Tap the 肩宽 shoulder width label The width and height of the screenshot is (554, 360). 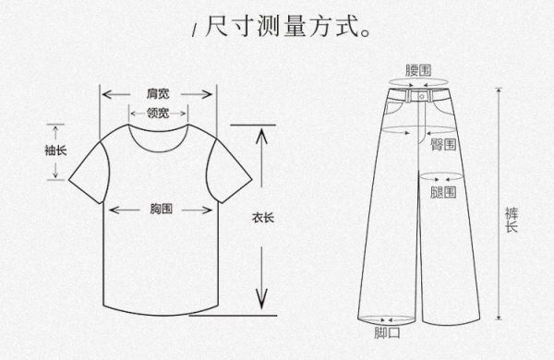pos(158,94)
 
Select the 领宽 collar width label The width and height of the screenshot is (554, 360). pos(158,114)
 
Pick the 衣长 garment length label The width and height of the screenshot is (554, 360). pos(262,219)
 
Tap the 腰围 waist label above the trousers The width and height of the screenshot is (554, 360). pos(419,69)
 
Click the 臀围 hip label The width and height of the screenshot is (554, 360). pos(442,145)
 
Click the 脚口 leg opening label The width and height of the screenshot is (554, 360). pos(387,333)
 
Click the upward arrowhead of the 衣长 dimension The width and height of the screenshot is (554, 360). pos(262,137)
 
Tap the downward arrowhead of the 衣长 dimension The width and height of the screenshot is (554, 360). pos(262,300)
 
